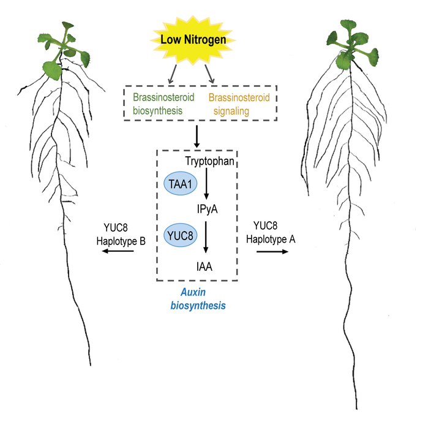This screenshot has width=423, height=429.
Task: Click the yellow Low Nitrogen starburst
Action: [x=193, y=41]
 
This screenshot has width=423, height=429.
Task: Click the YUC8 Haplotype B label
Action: [x=120, y=235]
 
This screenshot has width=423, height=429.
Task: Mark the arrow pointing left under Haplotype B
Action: [x=118, y=252]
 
